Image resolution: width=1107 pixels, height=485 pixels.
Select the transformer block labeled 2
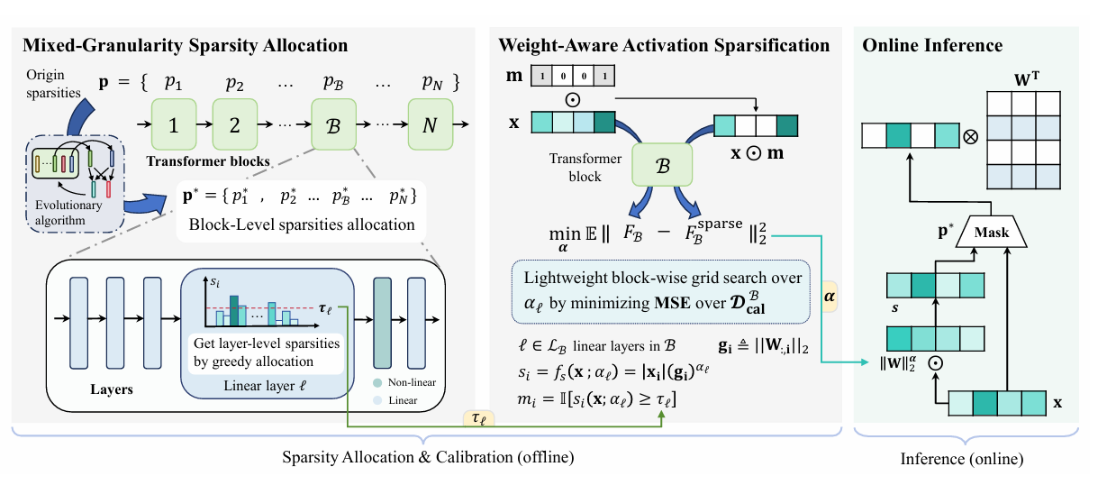pyautogui.click(x=234, y=122)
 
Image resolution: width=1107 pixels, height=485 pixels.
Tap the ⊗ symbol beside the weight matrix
pyautogui.click(x=971, y=137)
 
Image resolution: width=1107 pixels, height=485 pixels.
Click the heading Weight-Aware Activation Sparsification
pyautogui.click(x=665, y=44)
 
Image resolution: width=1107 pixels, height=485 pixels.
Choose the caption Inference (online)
pyautogui.click(x=962, y=459)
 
